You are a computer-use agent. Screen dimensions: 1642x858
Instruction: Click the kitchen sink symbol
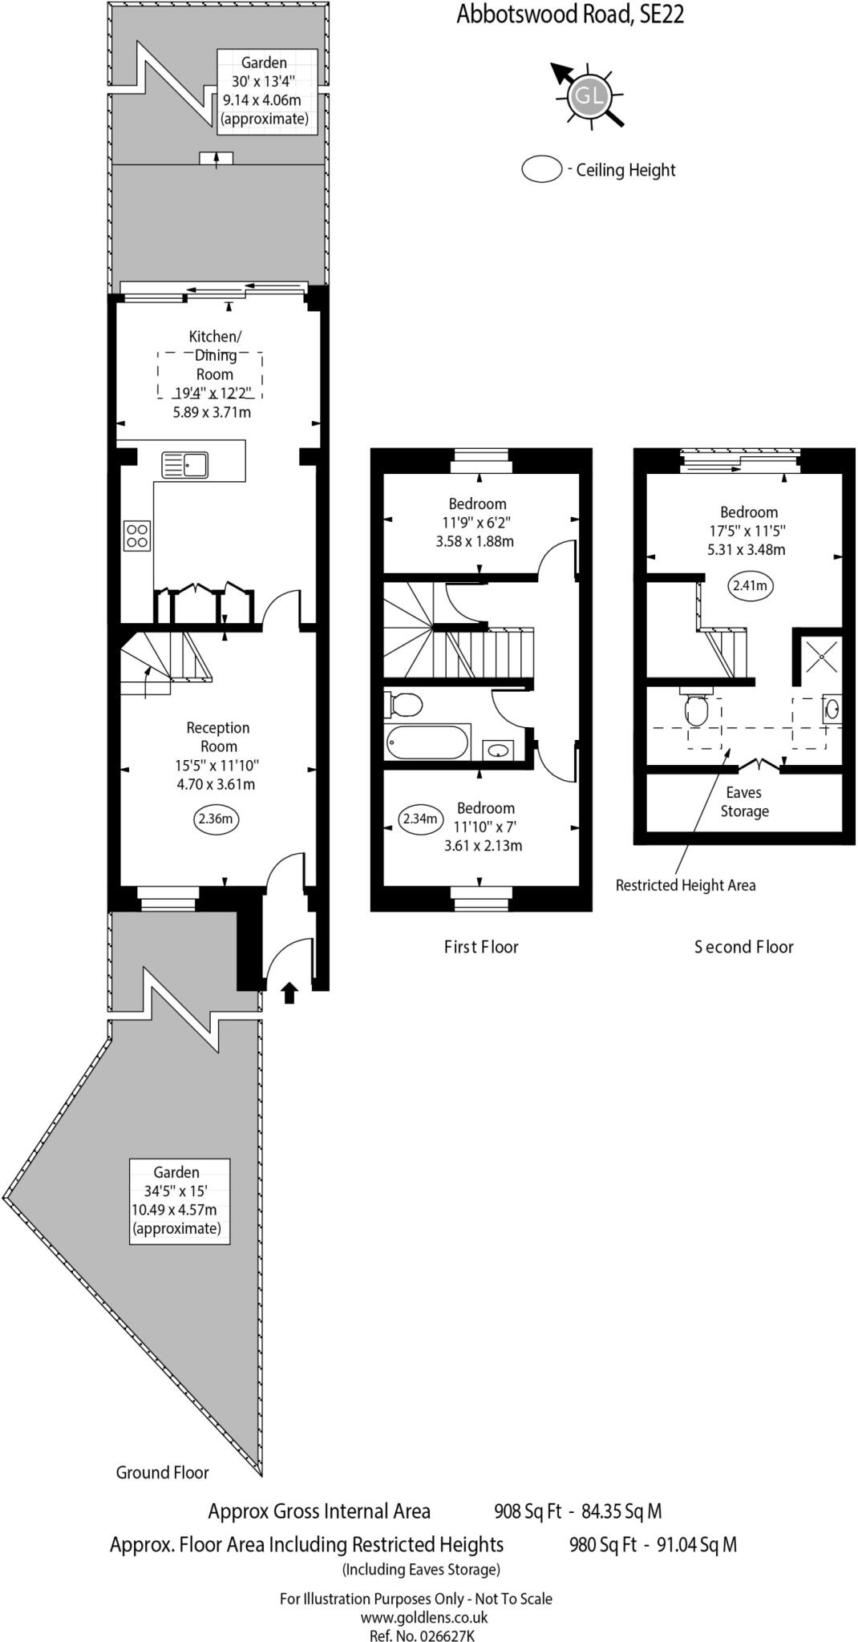[x=184, y=464]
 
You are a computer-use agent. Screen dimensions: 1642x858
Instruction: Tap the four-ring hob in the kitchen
[x=137, y=536]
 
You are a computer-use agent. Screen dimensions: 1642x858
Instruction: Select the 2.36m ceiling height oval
[x=216, y=819]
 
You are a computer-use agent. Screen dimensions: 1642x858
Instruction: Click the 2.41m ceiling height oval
[x=750, y=585]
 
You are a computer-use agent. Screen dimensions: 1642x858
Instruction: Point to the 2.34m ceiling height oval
[x=420, y=819]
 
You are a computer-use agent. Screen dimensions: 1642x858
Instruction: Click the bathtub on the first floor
[x=427, y=742]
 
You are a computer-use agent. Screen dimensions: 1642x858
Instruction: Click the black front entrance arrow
[x=289, y=993]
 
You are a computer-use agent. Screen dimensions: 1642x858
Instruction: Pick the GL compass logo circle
[x=589, y=97]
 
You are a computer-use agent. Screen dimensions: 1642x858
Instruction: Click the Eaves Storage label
[x=744, y=802]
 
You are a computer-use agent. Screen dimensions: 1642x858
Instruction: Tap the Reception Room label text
[x=218, y=737]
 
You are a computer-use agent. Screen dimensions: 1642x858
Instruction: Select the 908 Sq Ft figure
[x=528, y=1511]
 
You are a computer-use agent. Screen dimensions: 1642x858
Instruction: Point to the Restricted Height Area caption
[x=685, y=885]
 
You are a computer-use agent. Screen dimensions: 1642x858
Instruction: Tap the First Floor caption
[x=481, y=947]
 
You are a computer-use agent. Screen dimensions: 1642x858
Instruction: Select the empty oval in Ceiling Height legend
[x=542, y=169]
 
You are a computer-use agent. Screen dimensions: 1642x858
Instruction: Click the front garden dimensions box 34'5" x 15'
[x=180, y=1200]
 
